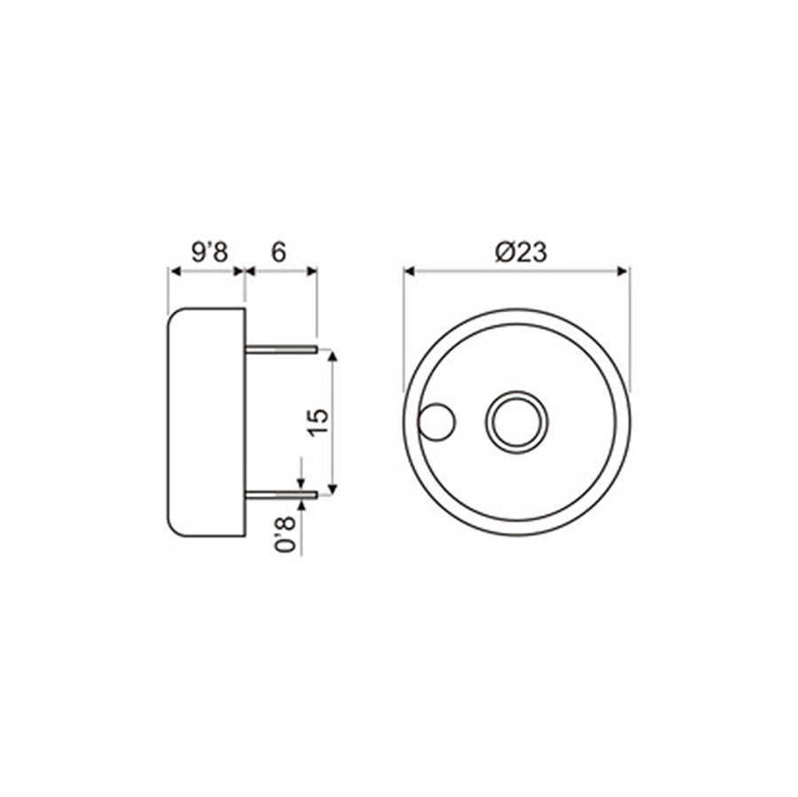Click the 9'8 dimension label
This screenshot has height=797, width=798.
tap(210, 253)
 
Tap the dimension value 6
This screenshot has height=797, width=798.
tap(278, 253)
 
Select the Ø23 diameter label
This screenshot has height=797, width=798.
tap(520, 253)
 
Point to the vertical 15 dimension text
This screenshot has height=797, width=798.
tap(320, 421)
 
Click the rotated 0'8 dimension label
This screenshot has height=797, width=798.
tap(286, 535)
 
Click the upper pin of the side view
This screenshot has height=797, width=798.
tap(281, 350)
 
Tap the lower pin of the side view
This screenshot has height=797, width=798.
tap(281, 495)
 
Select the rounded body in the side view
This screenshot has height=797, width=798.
tap(207, 422)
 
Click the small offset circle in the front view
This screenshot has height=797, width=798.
tap(436, 422)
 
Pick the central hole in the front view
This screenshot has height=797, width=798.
tap(516, 422)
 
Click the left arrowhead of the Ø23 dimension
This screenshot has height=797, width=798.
tap(410, 270)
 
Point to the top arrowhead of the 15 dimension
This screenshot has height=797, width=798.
tap(332, 356)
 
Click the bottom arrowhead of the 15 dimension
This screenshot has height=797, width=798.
tap(332, 488)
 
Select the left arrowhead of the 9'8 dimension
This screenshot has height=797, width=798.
tap(174, 270)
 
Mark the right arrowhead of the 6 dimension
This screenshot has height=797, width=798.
tap(311, 270)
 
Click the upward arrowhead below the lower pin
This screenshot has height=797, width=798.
tap(301, 505)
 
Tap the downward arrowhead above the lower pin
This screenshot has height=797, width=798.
tap(301, 485)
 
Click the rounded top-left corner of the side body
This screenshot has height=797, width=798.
tap(175, 316)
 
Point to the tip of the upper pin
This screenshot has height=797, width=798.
tap(316, 350)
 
